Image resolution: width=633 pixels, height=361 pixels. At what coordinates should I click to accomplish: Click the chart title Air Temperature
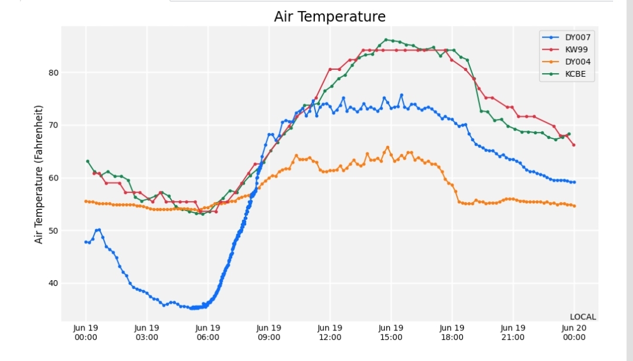tap(330, 16)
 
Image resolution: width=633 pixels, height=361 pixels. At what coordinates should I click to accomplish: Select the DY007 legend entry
tap(566, 37)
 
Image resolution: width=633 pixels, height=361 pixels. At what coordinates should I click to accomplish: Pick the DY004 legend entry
tap(566, 62)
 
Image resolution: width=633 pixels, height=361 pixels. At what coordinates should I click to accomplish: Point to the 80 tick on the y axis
tap(53, 73)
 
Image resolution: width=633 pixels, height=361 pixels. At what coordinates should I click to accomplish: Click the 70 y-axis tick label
tap(53, 125)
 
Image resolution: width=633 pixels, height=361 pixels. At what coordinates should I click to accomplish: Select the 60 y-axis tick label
tap(53, 178)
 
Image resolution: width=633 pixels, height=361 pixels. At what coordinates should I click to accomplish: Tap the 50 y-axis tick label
tap(53, 230)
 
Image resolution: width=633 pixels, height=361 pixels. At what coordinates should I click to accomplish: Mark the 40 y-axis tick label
tap(53, 283)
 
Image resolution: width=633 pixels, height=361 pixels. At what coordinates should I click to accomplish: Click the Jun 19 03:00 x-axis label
tap(147, 333)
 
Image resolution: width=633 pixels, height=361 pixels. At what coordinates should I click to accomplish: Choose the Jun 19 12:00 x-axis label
tap(330, 333)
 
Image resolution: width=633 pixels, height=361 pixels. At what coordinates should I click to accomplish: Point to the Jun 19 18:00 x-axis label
tap(452, 333)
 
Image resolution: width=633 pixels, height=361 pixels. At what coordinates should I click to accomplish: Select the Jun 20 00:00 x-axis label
tap(574, 333)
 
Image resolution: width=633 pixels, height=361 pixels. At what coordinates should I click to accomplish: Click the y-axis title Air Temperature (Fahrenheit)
tap(38, 175)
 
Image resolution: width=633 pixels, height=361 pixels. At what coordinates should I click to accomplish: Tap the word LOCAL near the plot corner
tap(583, 317)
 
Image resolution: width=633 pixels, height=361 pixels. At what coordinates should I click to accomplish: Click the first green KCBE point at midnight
tap(87, 162)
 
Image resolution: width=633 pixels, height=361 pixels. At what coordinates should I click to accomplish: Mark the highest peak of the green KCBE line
tap(386, 40)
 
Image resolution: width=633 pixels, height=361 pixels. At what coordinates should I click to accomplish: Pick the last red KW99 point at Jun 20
tap(574, 145)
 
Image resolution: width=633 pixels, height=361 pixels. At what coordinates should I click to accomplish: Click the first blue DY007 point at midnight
tap(86, 242)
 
